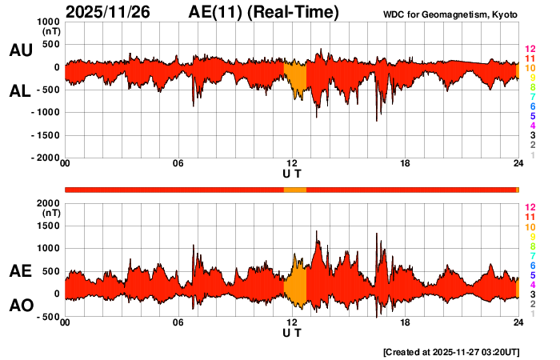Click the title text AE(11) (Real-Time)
264,12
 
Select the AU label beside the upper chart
20,50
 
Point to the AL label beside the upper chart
20,91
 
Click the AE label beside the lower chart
20,271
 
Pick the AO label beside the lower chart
20,306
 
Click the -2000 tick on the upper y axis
45,158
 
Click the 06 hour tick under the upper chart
178,164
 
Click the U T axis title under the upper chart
292,174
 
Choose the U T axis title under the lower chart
292,332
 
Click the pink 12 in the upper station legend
529,49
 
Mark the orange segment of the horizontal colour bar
295,189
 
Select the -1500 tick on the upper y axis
45,135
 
